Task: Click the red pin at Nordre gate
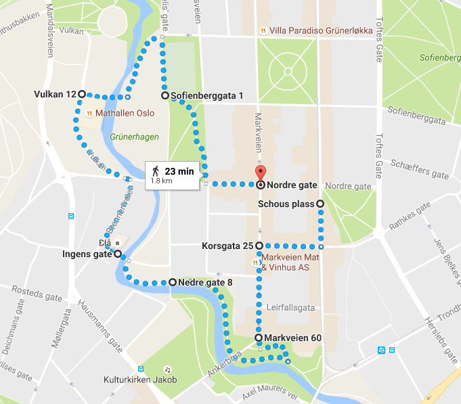pos(260,173)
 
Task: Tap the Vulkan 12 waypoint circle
pos(81,94)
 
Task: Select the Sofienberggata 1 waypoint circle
pos(164,96)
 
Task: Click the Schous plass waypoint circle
pos(320,204)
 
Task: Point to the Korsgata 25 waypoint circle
pos(259,246)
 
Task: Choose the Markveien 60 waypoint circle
pos(259,337)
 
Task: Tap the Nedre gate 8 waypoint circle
pos(172,282)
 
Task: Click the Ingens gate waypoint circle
pos(118,254)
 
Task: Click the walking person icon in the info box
pos(156,171)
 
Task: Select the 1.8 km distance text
pos(161,181)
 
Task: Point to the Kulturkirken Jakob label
pos(140,380)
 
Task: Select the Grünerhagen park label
pos(135,137)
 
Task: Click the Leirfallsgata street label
pos(292,307)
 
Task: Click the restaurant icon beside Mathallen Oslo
pos(89,113)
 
